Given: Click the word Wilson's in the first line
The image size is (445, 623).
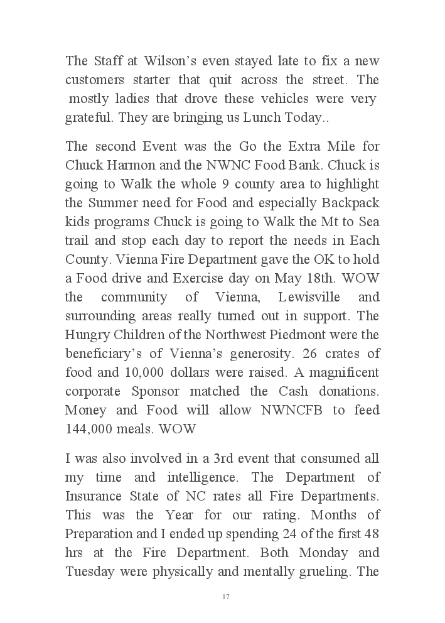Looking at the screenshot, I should (x=171, y=61).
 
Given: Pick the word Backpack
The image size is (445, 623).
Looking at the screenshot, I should (x=350, y=203).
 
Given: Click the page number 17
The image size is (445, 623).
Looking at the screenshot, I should (x=226, y=597).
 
